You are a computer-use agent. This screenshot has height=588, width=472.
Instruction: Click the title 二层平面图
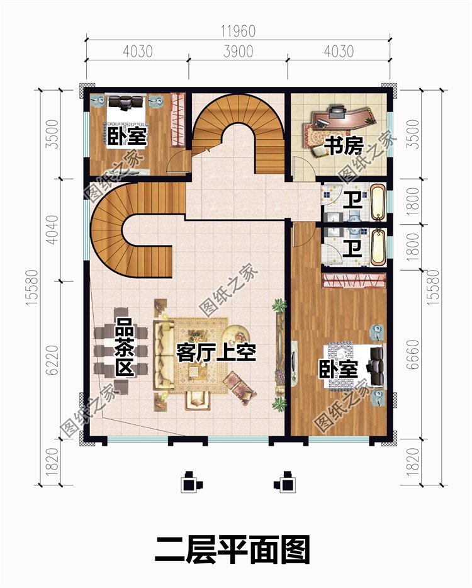click(232, 550)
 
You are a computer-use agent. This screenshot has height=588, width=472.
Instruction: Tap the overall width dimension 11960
click(238, 31)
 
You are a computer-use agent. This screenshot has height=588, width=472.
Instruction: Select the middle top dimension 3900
click(238, 52)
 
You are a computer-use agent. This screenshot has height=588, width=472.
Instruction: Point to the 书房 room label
click(344, 146)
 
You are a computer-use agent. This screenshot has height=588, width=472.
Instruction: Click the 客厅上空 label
click(216, 352)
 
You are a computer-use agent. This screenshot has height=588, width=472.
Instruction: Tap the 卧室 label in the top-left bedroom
click(126, 136)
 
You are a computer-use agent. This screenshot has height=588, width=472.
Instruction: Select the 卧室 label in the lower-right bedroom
click(338, 369)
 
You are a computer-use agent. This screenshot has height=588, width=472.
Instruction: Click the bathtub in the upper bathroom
click(378, 202)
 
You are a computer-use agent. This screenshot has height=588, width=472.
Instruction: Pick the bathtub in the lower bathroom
click(378, 248)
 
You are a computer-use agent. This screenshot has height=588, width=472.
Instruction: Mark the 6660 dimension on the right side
click(412, 354)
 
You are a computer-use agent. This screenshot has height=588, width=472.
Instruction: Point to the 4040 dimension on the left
click(53, 230)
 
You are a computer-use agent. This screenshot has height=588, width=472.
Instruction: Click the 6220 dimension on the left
click(53, 359)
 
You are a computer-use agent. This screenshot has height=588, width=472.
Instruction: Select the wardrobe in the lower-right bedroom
click(354, 281)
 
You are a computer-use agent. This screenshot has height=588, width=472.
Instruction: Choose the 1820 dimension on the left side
click(53, 461)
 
